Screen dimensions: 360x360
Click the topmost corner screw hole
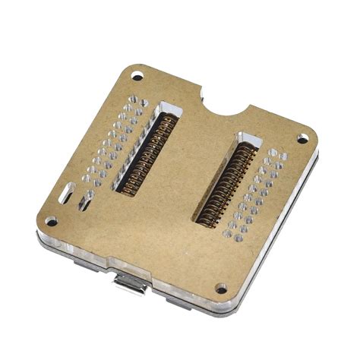point(137,75)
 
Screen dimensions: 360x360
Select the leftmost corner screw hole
point(51,222)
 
